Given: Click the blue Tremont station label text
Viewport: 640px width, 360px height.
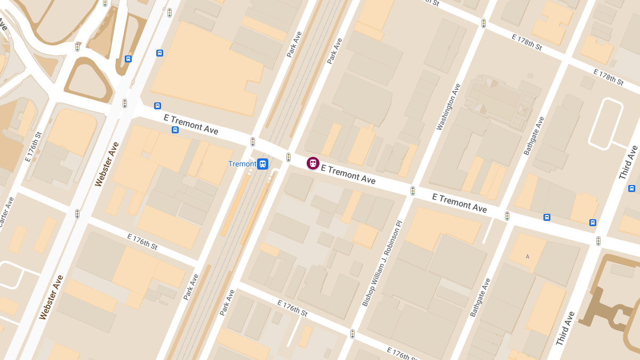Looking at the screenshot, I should tap(242, 164).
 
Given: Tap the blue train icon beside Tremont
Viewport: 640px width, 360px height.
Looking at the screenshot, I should tap(262, 164).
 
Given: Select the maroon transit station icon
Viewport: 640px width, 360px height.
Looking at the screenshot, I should tap(313, 163).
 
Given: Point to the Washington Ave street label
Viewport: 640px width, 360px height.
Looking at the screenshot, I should tap(448, 107).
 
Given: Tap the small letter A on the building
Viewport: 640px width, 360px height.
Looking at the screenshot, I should tap(527, 257).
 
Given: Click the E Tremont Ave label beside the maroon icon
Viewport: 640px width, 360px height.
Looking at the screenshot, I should tap(348, 174).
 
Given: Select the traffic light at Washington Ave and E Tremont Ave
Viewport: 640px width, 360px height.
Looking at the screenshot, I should tap(412, 190).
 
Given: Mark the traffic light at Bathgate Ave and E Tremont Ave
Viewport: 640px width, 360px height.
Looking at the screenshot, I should tap(507, 216).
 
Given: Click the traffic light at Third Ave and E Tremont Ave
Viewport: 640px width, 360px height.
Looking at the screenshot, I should tap(598, 241).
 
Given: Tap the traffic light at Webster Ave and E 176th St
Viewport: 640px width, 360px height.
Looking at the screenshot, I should tap(77, 214).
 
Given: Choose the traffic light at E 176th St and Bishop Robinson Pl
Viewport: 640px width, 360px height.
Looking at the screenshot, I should tap(352, 334).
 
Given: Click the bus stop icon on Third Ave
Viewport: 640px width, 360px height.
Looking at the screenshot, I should tap(631, 188).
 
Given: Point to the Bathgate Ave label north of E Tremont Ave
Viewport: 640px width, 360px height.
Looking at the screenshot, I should tap(534, 135).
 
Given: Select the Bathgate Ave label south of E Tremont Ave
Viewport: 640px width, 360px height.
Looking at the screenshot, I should tap(480, 297).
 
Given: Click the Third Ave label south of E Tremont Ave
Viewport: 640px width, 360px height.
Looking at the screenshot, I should tap(565, 328).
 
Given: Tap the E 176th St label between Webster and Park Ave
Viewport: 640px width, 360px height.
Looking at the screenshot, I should tap(142, 242).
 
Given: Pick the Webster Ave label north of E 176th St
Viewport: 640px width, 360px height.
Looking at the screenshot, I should tap(107, 164).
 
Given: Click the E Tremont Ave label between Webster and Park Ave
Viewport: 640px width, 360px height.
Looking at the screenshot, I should tap(191, 125).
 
